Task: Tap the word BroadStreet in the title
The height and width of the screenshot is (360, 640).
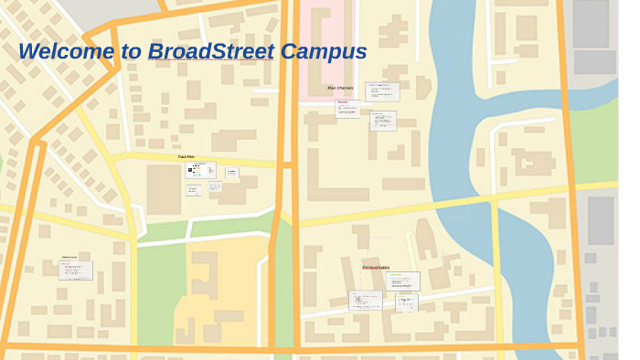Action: click(210, 51)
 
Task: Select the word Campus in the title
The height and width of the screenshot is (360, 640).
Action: click(323, 51)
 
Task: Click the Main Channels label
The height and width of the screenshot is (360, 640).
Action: click(340, 88)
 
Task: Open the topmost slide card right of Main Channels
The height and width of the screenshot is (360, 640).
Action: click(382, 91)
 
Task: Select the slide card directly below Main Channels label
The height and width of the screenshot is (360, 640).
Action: click(347, 109)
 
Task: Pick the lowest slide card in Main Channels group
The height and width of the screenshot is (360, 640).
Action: click(383, 121)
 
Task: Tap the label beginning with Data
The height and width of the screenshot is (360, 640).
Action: click(186, 156)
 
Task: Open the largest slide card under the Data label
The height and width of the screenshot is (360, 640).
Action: click(199, 171)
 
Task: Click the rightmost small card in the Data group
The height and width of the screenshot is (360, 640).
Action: click(231, 174)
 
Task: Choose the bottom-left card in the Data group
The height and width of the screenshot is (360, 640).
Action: click(193, 191)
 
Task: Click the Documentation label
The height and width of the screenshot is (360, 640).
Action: click(375, 267)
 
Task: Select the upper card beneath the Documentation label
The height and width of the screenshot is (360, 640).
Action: click(406, 281)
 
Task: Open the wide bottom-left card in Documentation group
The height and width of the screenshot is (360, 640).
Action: click(366, 301)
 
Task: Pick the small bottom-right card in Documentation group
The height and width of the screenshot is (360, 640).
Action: click(406, 302)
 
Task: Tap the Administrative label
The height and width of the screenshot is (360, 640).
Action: click(69, 258)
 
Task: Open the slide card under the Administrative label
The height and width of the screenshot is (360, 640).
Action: click(76, 270)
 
